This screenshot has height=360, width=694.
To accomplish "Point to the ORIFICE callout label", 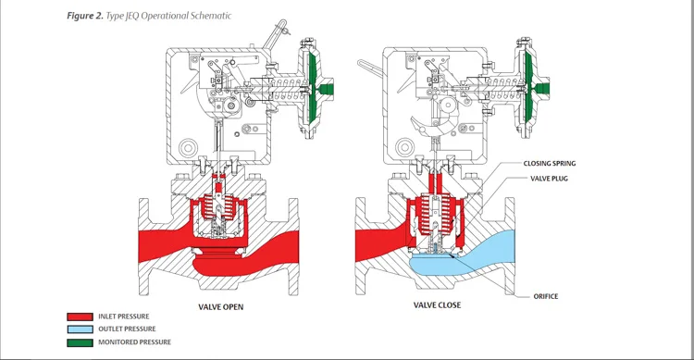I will coord(546,296).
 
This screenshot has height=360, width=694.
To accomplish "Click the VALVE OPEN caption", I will coord(221,306).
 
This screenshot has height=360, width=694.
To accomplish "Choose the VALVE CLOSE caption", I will coord(437,306).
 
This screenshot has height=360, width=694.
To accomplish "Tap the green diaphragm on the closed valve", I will coord(530,89).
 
